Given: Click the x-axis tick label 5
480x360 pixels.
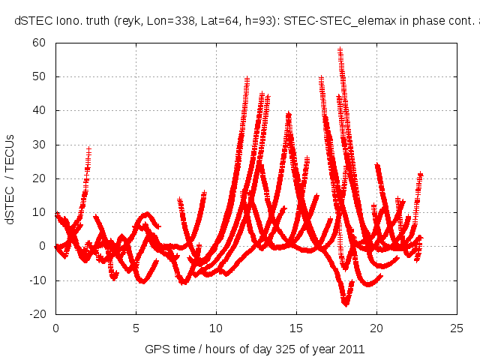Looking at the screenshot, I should tap(136, 328).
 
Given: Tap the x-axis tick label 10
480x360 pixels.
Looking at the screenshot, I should tap(216, 328).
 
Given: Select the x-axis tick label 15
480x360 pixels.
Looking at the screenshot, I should tap(296, 328).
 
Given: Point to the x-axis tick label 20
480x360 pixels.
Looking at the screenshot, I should tap(376, 328).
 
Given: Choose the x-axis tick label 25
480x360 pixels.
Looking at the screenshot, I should tap(457, 328).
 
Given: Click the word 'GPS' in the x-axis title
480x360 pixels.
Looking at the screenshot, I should tap(156, 349).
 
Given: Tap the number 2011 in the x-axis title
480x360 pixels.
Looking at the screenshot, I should tap(352, 349).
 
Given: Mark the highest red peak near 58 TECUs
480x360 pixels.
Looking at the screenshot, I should tap(340, 50).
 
